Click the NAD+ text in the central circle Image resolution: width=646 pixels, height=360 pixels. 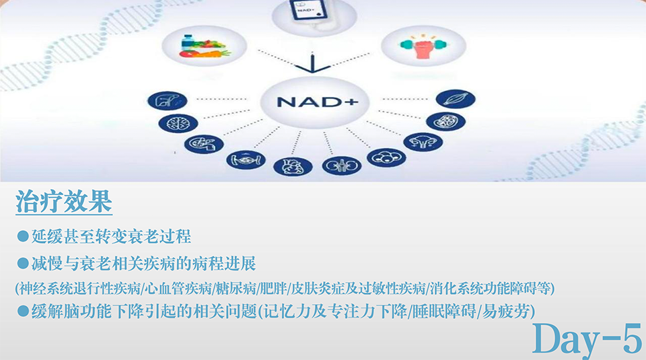[x=317, y=102]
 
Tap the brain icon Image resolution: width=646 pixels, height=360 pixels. [x=178, y=123]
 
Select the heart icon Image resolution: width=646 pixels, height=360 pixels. [x=293, y=167]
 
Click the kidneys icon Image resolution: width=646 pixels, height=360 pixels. [x=342, y=166]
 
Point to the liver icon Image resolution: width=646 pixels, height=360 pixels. [x=168, y=100]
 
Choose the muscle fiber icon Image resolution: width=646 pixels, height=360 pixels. [x=456, y=100]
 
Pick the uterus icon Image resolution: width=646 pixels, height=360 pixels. [x=423, y=142]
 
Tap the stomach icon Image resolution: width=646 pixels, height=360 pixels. [x=203, y=144]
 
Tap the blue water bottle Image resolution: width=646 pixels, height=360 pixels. [x=188, y=43]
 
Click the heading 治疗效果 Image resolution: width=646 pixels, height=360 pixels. [x=64, y=202]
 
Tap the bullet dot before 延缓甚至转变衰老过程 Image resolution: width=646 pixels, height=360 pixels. [x=23, y=236]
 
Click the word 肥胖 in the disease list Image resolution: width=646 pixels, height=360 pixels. [x=274, y=288]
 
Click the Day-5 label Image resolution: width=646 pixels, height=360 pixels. [x=587, y=339]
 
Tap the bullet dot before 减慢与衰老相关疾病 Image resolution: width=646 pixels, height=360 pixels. [x=23, y=264]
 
